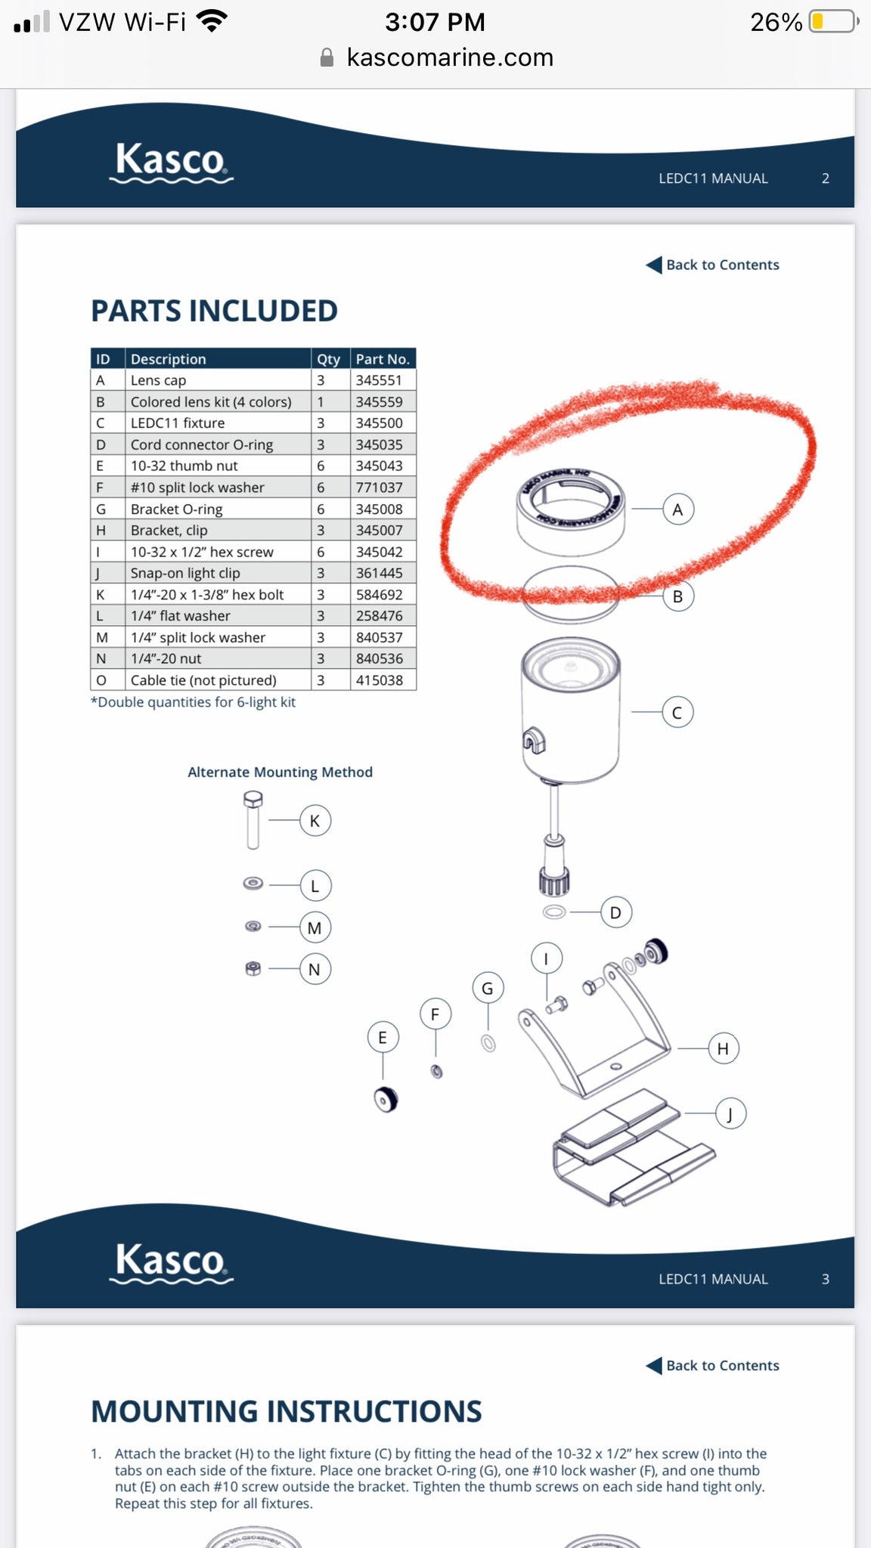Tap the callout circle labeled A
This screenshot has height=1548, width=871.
677,509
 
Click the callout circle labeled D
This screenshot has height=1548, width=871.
615,912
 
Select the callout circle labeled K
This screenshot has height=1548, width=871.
315,821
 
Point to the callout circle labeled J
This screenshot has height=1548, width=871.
730,1114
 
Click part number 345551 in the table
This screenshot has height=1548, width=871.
380,380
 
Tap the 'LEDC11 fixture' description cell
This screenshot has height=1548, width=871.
178,423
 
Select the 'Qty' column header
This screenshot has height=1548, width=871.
328,359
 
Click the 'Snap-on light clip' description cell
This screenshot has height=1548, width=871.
185,573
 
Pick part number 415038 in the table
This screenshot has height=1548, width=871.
380,680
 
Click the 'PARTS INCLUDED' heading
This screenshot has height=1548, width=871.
214,311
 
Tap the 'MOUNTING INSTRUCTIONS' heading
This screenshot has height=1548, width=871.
286,1412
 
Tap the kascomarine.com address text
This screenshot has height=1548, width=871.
450,57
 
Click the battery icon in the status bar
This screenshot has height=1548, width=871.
832,21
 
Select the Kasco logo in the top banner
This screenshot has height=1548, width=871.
171,162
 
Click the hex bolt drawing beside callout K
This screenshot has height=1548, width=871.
253,820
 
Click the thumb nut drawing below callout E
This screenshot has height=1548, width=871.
386,1100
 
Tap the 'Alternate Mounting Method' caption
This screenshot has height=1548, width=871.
280,772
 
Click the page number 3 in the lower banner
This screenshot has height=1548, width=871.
825,1279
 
